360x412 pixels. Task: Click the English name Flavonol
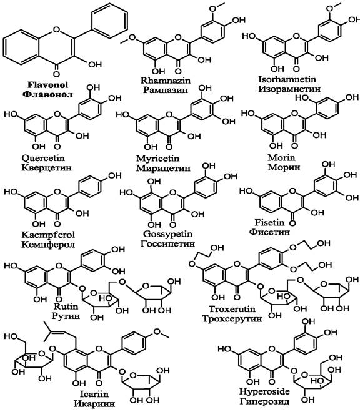coord(47,85)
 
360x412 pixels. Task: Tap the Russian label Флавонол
coord(47,95)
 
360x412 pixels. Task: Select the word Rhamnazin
coord(165,80)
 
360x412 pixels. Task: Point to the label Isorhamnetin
coord(287,79)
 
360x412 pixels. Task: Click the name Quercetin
coord(43,158)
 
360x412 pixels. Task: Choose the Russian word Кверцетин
coord(46,168)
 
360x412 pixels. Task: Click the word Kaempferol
coord(48,235)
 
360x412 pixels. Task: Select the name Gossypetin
coord(167,234)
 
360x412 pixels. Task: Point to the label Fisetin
coord(266,223)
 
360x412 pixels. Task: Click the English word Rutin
coord(66,307)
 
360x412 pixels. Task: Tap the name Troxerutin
coord(232,309)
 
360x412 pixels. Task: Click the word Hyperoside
coord(264,391)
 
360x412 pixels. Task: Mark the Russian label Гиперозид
coord(264,401)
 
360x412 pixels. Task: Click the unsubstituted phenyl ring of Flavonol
coord(109,21)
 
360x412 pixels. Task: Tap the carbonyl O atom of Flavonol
coord(56,74)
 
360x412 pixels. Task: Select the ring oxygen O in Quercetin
coord(57,115)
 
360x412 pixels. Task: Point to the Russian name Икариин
coord(94,404)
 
